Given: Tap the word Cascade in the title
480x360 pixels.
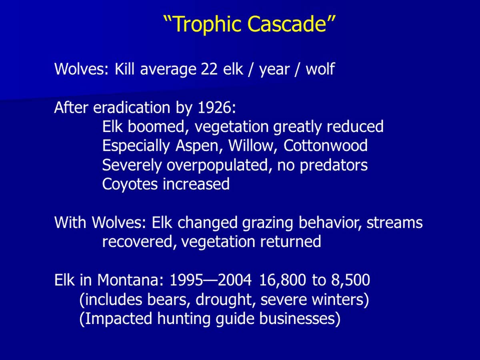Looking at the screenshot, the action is (x=287, y=24).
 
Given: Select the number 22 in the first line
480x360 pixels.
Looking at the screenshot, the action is (x=209, y=69).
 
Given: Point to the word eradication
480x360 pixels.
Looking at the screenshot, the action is (x=132, y=108).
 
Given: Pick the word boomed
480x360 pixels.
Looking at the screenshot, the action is (x=156, y=126).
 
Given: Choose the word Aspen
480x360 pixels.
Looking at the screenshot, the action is (x=197, y=146).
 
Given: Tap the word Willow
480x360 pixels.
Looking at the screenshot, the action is (x=251, y=146).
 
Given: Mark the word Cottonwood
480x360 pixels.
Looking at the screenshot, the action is (x=325, y=146).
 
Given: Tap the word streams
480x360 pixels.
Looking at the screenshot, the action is (x=394, y=223).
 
